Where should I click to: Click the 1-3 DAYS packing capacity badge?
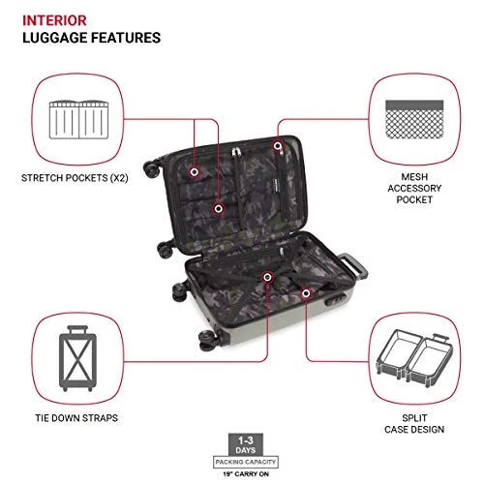coord(242,448)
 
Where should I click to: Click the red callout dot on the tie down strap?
coord(266,278)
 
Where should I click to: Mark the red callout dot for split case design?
coord(306,291)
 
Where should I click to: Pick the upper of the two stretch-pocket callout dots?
coord(195,172)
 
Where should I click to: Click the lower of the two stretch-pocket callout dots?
coord(220,207)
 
